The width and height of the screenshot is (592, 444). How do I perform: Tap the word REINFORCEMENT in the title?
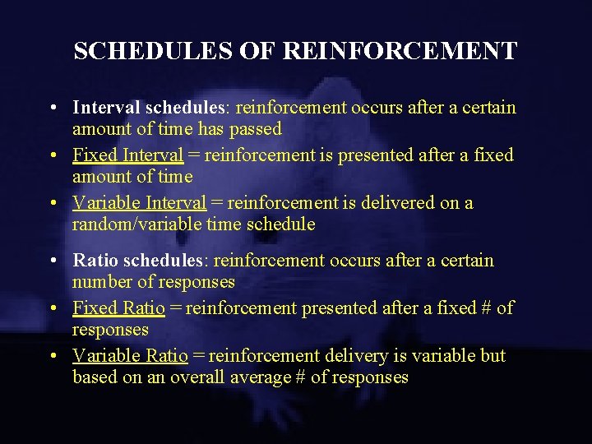click(x=400, y=51)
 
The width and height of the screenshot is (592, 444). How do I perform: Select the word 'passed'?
click(x=257, y=129)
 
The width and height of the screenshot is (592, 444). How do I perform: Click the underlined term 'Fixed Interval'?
click(x=127, y=155)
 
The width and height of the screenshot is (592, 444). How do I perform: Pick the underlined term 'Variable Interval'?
click(x=139, y=203)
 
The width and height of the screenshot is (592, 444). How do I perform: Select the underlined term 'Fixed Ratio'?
click(x=118, y=308)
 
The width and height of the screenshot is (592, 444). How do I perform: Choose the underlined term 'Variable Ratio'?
click(x=130, y=356)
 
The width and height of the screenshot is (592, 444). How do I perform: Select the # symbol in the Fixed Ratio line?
click(x=483, y=308)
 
